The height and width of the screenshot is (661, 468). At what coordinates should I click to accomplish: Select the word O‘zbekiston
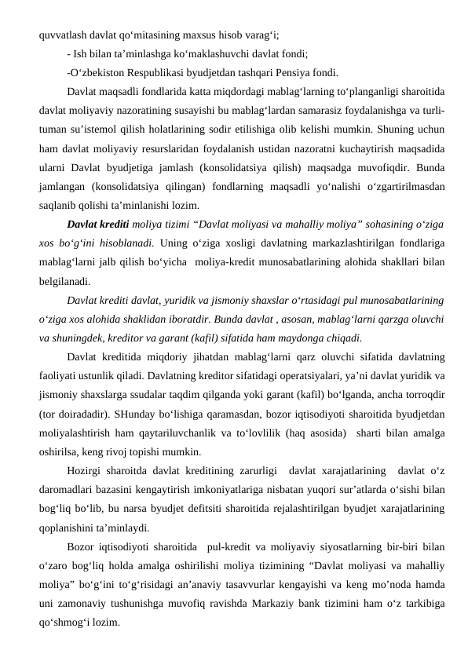102,74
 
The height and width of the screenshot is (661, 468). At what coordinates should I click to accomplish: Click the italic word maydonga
300,339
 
